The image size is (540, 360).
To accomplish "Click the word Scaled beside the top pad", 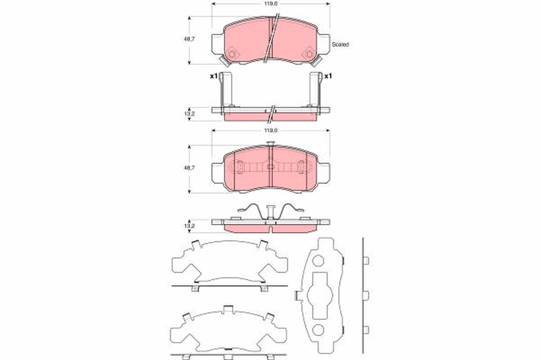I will click(341, 45).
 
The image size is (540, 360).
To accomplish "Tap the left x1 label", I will click(214, 76).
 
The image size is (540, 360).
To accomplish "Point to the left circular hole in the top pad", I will click(232, 54).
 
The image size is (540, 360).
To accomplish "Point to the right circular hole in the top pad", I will click(309, 54).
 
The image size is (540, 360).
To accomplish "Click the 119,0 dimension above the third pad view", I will click(270, 130).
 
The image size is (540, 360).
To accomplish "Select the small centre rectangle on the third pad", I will click(270, 167).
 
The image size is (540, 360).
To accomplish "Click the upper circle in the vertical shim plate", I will click(318, 260).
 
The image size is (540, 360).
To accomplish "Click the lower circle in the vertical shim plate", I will click(318, 330).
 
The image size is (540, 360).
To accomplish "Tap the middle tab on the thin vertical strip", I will click(366, 295).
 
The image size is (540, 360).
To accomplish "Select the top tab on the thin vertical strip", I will click(366, 261).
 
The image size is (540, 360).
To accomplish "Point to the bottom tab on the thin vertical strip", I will click(366, 330).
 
